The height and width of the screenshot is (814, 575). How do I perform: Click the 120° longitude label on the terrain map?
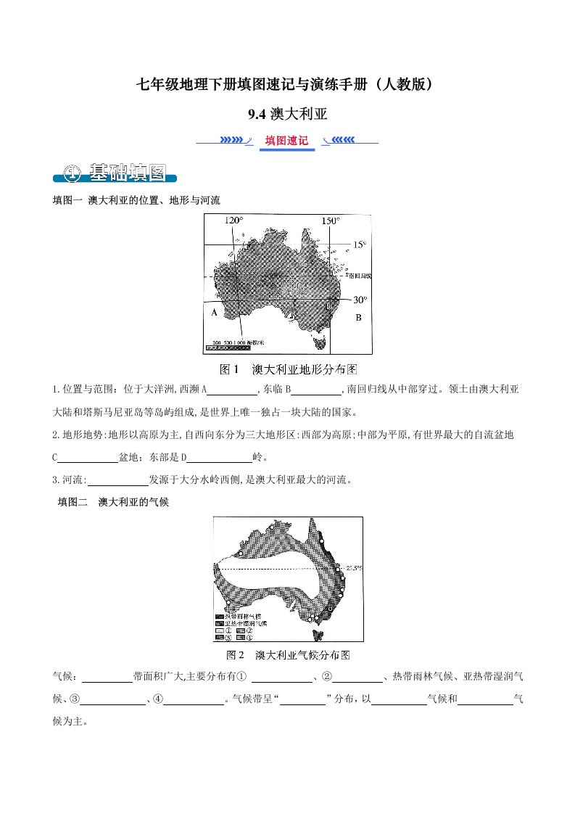coord(234,221)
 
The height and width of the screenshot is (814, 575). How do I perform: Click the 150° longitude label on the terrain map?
coord(330,221)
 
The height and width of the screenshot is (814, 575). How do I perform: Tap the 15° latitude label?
coord(360,244)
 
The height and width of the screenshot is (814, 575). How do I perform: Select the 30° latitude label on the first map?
coord(360,299)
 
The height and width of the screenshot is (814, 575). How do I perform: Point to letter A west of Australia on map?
coord(214,313)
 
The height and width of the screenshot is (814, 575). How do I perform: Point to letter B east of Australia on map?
coord(357,318)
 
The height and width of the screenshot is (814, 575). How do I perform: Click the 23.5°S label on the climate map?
coord(353,568)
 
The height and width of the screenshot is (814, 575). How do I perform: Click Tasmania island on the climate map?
coord(317,636)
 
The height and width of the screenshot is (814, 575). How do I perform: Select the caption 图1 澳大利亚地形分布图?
coord(289,369)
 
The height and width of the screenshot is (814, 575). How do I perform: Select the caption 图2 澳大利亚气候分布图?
coord(289,655)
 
